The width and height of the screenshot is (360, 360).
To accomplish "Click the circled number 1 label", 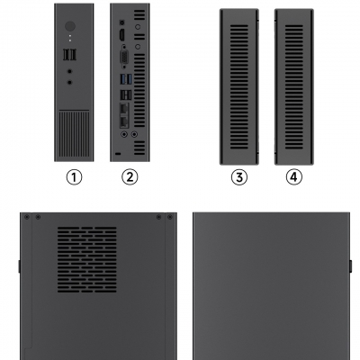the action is pyautogui.click(x=74, y=177).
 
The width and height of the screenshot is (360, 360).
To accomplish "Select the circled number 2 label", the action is pyautogui.click(x=130, y=177).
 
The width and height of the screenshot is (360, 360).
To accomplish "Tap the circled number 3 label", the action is pyautogui.click(x=239, y=177).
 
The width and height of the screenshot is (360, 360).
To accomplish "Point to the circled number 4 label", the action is pyautogui.click(x=294, y=177).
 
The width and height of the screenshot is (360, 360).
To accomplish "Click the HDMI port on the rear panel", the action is pyautogui.click(x=122, y=35).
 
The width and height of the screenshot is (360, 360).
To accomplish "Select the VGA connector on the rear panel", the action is pyautogui.click(x=124, y=57).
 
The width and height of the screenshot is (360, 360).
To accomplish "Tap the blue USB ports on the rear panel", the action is pyautogui.click(x=126, y=79).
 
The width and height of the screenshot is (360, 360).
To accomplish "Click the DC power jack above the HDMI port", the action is pyautogui.click(x=122, y=22).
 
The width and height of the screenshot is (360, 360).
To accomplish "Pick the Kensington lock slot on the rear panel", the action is pyautogui.click(x=118, y=154).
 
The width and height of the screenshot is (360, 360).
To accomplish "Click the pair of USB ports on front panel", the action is pyautogui.click(x=70, y=55).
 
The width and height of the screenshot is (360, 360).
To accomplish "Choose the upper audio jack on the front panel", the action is pyautogui.click(x=70, y=71).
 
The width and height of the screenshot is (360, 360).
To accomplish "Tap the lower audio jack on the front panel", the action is pyautogui.click(x=70, y=82).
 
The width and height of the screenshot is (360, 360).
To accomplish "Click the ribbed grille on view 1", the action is pyautogui.click(x=74, y=134).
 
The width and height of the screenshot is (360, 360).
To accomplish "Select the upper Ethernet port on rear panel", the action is pyautogui.click(x=124, y=109).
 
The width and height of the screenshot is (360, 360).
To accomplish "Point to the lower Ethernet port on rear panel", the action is pyautogui.click(x=124, y=121).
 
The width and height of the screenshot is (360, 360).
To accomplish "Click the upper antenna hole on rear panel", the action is pyautogui.click(x=138, y=27).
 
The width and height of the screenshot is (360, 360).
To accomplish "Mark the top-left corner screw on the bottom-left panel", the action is pyautogui.click(x=27, y=217).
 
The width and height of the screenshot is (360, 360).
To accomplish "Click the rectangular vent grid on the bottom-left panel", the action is pyautogui.click(x=87, y=260).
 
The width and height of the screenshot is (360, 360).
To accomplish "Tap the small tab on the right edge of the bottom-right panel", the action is pyautogui.click(x=350, y=266).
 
